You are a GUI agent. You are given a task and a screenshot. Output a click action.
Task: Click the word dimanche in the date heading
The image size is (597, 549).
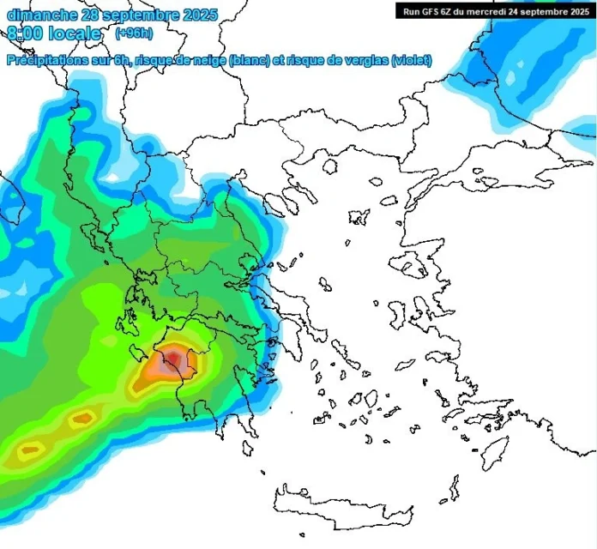point(42,15)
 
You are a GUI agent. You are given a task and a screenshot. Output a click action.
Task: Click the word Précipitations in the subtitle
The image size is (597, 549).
point(46,61)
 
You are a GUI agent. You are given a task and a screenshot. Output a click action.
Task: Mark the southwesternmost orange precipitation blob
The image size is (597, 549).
point(33,449)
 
